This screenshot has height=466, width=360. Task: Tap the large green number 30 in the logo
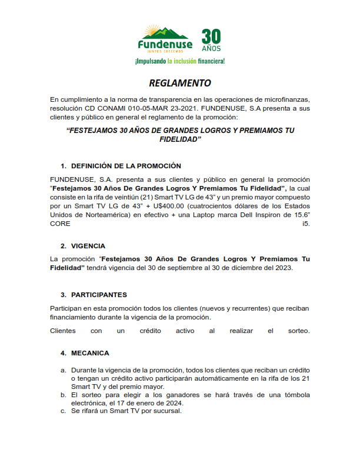coord(211,36)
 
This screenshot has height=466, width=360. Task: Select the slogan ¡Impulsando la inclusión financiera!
coord(179,61)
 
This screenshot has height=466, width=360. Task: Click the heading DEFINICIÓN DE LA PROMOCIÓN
coord(126,166)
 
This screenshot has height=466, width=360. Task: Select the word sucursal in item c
coord(167,411)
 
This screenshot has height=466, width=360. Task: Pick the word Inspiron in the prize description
coord(272,215)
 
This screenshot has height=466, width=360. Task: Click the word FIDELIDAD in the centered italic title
coord(181,140)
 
